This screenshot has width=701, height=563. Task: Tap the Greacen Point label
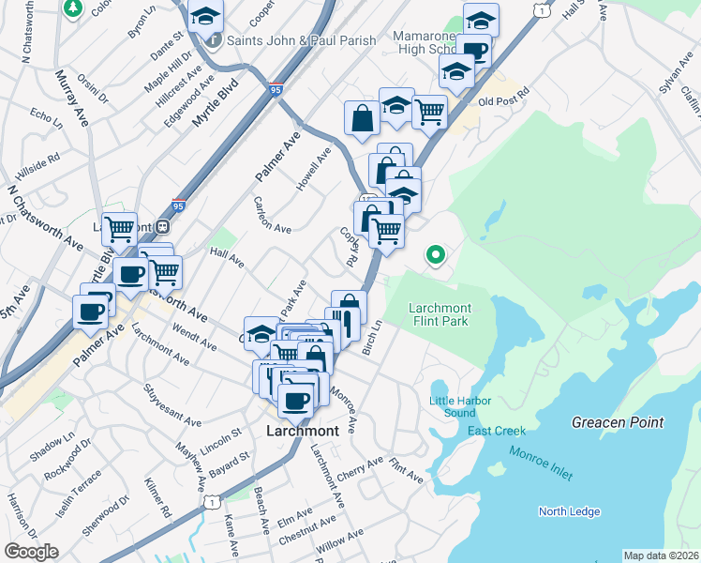click(x=618, y=423)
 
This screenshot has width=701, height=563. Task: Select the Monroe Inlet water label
click(x=541, y=464)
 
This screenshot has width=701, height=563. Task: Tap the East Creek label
click(x=497, y=431)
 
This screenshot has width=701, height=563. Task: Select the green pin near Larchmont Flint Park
click(x=435, y=254)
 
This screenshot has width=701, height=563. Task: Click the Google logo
click(x=31, y=552)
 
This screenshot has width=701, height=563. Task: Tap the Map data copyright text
click(x=661, y=555)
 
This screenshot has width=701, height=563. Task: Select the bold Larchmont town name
click(x=301, y=431)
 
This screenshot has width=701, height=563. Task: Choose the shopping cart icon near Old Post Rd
click(x=429, y=112)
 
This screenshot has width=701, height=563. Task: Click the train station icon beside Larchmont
click(x=162, y=226)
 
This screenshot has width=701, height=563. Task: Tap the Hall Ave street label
click(x=227, y=257)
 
